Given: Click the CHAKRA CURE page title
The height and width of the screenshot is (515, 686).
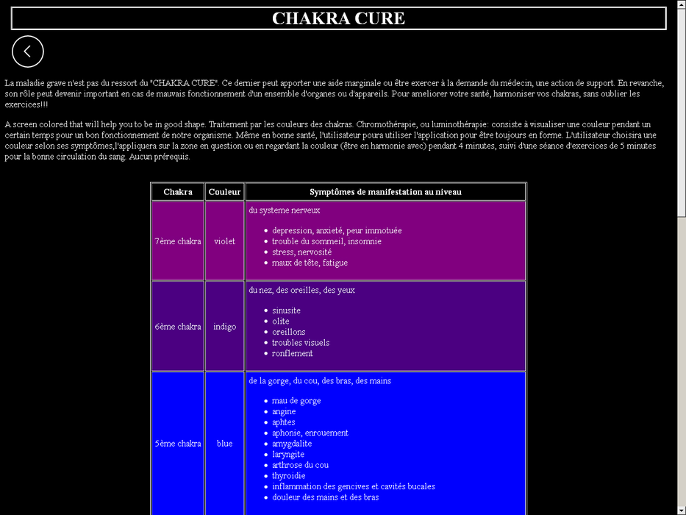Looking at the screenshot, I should [338, 18].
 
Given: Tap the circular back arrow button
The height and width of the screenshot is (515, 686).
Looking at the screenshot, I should [28, 51].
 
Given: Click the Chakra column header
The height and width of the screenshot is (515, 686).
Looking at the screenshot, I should [178, 192].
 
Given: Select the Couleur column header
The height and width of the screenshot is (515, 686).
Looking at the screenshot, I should [224, 192].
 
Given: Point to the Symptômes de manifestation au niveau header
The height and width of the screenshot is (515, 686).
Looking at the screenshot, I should [385, 192].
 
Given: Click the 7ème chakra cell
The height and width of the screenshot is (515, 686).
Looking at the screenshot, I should [178, 241].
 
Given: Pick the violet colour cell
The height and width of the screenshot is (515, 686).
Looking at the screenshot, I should [224, 241].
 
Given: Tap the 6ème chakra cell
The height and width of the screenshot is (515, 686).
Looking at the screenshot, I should [178, 327].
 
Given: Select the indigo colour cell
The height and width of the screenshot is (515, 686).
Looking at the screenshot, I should [224, 327].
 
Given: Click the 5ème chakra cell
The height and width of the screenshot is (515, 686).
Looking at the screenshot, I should [178, 444].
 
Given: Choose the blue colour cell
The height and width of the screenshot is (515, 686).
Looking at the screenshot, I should [224, 444].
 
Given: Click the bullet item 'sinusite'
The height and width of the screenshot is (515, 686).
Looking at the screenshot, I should [286, 310].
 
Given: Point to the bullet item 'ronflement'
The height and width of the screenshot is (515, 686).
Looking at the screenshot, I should [292, 353].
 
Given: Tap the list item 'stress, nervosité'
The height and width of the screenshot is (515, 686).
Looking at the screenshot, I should [301, 252].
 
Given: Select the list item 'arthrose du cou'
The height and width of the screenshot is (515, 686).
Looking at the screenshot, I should [300, 465].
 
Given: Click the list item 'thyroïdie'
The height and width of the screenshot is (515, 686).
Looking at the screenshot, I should [288, 476].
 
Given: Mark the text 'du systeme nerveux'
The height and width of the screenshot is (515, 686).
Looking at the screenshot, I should [284, 210].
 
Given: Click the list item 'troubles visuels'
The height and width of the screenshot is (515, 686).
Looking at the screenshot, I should [300, 343].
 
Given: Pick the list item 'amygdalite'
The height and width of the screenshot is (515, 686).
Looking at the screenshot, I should [291, 444].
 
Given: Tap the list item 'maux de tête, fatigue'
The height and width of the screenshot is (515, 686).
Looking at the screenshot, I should [310, 263].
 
